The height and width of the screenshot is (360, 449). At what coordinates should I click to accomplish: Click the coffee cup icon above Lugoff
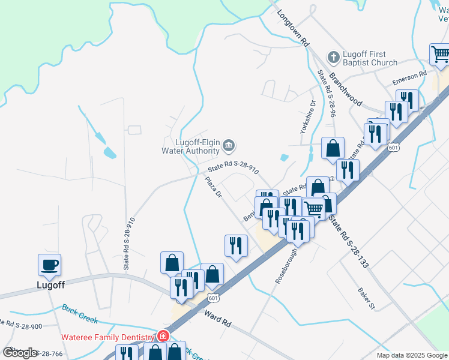click(49, 264)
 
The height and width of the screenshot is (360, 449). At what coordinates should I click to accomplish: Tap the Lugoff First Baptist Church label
click(370, 58)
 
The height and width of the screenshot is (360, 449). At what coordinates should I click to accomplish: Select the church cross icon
click(333, 58)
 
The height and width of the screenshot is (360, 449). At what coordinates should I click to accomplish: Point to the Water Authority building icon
click(228, 146)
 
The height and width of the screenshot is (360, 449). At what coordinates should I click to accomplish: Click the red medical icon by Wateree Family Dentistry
click(161, 337)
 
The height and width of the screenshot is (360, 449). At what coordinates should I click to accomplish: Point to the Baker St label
click(366, 298)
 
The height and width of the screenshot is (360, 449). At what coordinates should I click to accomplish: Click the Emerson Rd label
click(409, 77)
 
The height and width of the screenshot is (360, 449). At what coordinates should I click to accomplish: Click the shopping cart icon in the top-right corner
click(441, 55)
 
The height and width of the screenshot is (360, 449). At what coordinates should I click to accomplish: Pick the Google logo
click(20, 352)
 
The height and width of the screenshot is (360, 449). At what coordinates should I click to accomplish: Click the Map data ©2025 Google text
click(412, 355)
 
